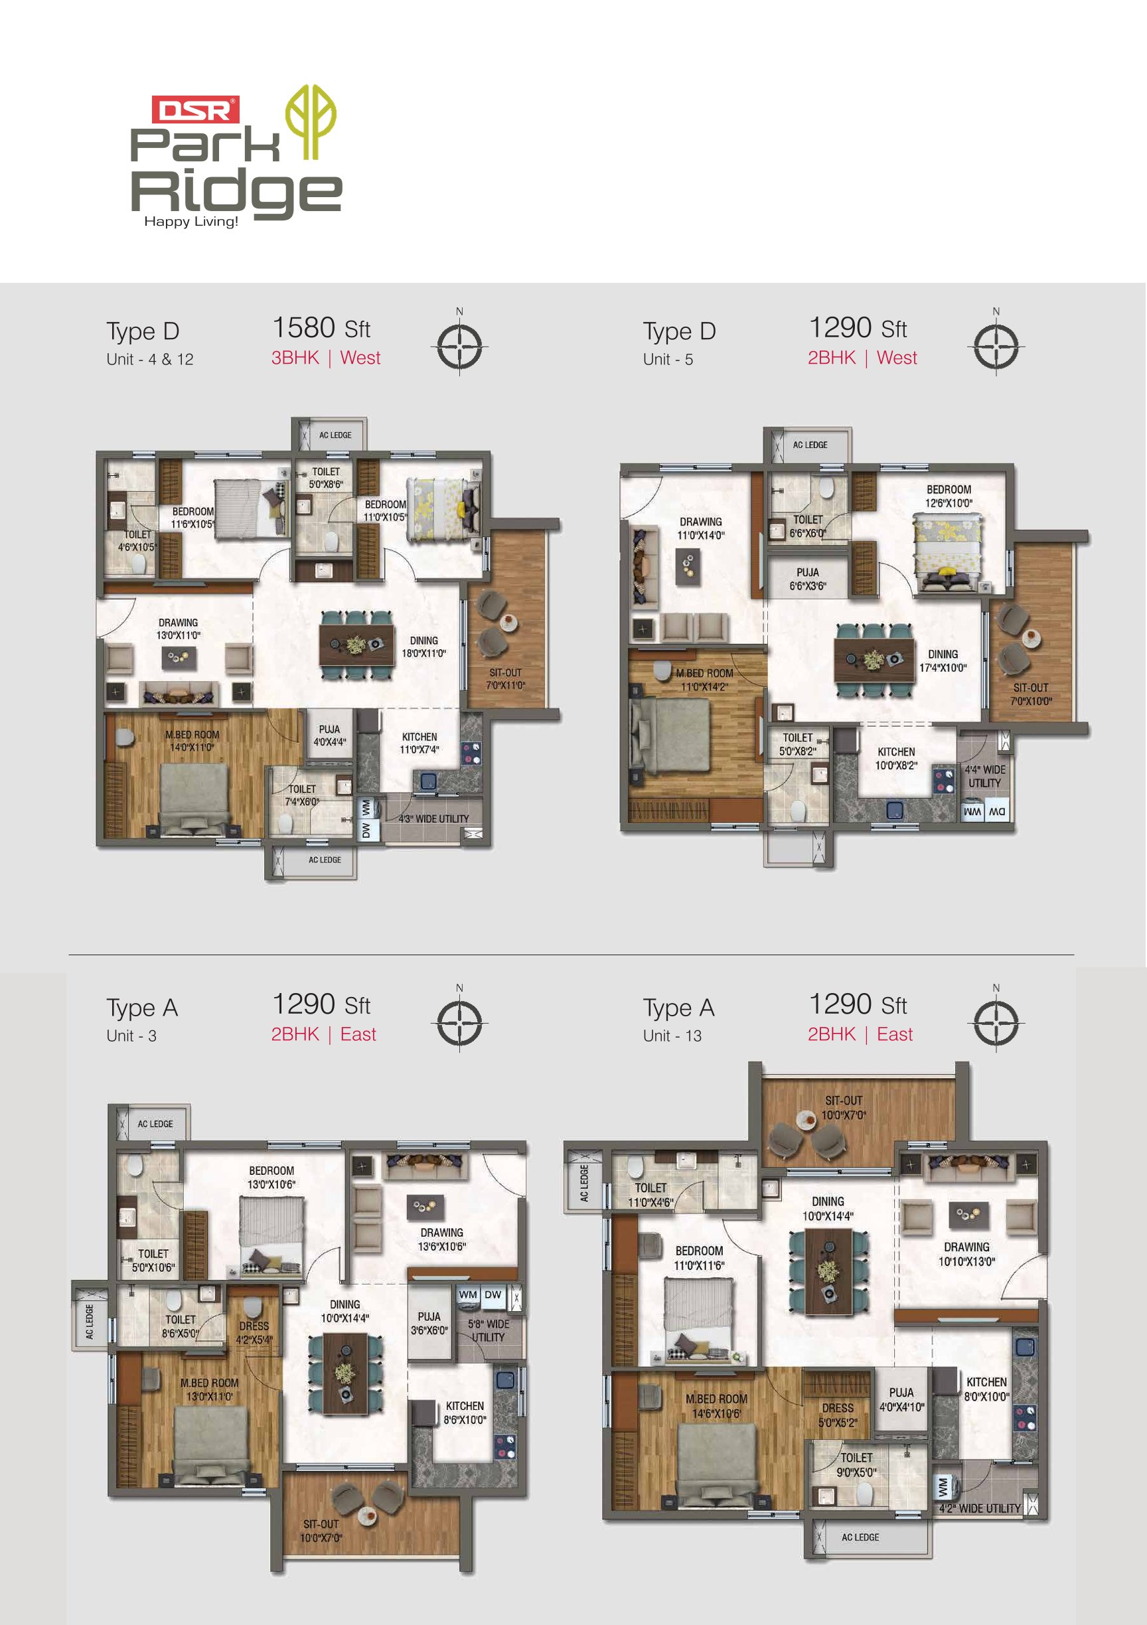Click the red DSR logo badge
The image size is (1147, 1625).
196,110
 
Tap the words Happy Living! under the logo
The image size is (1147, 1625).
191,222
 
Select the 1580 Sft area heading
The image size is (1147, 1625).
321,328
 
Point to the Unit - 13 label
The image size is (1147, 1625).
672,1036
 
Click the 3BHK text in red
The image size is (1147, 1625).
295,357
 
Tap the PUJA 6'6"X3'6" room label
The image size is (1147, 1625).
807,579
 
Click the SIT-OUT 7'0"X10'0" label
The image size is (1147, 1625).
1030,694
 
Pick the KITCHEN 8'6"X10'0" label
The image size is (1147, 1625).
464,1413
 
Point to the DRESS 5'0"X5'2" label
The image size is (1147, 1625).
838,1415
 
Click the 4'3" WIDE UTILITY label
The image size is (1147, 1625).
433,819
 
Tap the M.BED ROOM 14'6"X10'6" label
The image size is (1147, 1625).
716,1407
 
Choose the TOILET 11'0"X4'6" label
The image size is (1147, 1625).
650,1195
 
